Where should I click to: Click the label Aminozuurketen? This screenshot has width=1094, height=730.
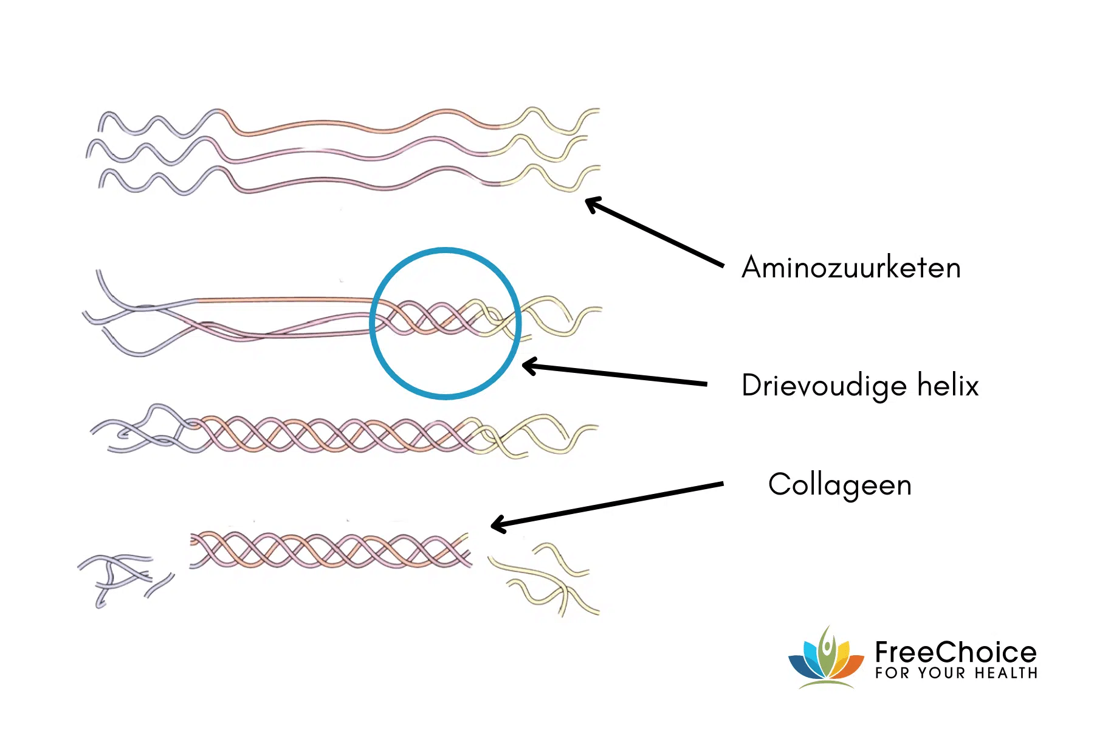click(851, 268)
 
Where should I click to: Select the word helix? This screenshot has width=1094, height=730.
click(948, 385)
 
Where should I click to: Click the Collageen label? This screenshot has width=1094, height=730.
click(840, 485)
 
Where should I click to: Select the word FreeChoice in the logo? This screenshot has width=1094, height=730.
click(955, 652)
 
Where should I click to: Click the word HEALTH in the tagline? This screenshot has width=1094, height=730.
click(1006, 673)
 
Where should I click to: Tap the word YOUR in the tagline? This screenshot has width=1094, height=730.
click(941, 673)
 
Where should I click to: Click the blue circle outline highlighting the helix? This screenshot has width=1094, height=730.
click(446, 249)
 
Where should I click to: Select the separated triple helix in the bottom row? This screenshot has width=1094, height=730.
click(330, 550)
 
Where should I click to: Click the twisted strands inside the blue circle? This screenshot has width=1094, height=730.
click(446, 318)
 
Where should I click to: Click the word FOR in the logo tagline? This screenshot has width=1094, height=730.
click(892, 673)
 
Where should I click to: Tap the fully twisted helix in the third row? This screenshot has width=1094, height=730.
click(340, 435)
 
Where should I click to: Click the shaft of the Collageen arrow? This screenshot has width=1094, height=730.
click(608, 504)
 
